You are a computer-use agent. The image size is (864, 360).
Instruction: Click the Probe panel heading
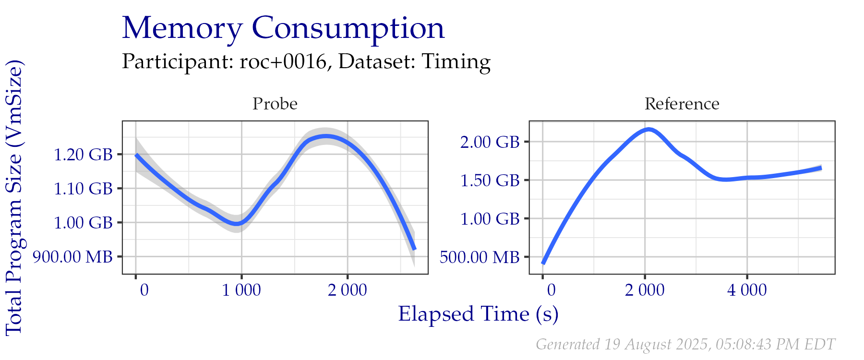275,104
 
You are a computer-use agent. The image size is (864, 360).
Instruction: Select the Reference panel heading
682,104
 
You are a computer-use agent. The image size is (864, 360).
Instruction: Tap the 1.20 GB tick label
83,155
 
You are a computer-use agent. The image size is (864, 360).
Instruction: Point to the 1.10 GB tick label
83,189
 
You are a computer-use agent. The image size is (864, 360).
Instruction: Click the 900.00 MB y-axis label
72,257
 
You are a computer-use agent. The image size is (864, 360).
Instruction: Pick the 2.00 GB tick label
490,142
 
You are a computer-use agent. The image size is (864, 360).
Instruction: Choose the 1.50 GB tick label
490,180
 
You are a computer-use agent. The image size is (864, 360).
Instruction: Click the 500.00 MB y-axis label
479,257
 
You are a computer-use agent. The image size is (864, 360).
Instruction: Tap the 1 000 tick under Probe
241,290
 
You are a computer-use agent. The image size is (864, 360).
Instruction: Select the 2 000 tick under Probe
347,290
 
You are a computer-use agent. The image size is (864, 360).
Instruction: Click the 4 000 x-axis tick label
747,290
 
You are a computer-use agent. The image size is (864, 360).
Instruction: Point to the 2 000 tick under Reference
645,290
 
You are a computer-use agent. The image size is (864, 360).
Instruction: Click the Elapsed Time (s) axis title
478,314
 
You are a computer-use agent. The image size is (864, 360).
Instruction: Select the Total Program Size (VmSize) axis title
14,197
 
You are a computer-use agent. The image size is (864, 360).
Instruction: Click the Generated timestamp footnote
685,344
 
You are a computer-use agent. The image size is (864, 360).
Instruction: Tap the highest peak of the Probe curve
326,137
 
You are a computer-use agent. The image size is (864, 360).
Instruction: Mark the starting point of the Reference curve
543,263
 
